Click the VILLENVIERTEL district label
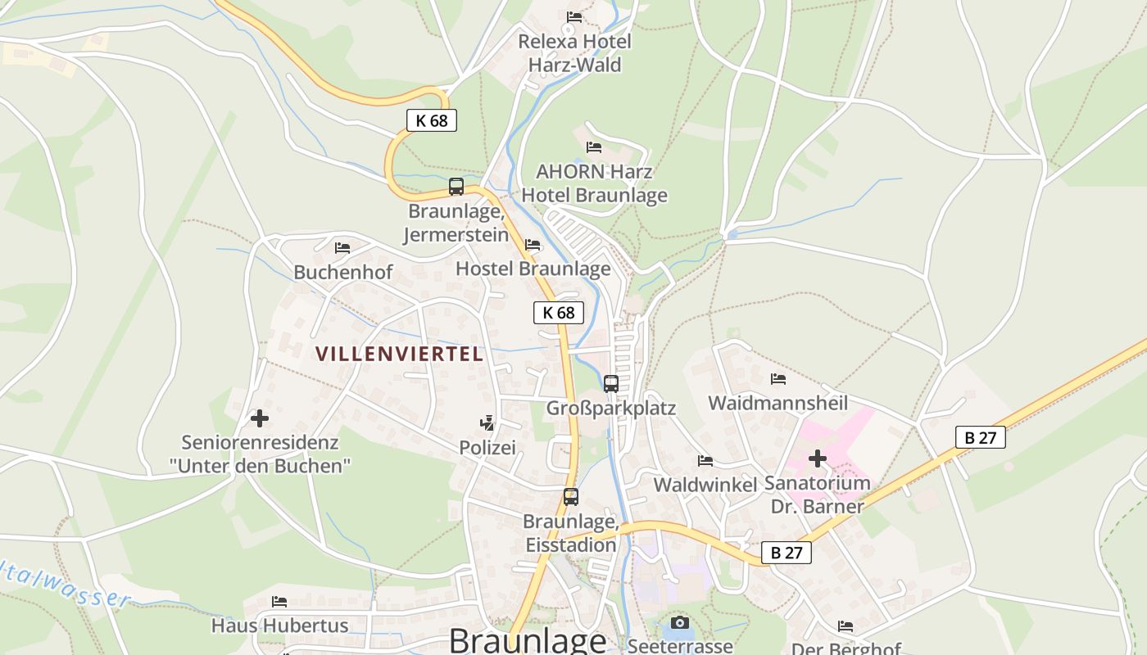[399, 354]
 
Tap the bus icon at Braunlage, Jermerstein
[456, 187]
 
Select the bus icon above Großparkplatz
[611, 383]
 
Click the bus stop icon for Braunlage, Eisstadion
[571, 496]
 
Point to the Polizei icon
[487, 422]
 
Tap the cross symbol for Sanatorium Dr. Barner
[817, 458]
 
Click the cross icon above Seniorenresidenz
[260, 418]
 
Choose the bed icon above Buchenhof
[342, 247]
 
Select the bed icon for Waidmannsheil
[778, 378]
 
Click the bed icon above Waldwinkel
[705, 460]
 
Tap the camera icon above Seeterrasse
[680, 622]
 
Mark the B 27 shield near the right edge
[980, 437]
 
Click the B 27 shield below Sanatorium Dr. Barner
[787, 553]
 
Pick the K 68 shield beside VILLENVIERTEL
[559, 312]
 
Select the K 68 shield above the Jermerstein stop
[432, 120]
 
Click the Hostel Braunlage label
[533, 269]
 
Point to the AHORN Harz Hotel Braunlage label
[594, 183]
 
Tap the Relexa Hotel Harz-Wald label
[574, 52]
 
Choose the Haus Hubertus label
[279, 626]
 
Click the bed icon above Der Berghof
[846, 626]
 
